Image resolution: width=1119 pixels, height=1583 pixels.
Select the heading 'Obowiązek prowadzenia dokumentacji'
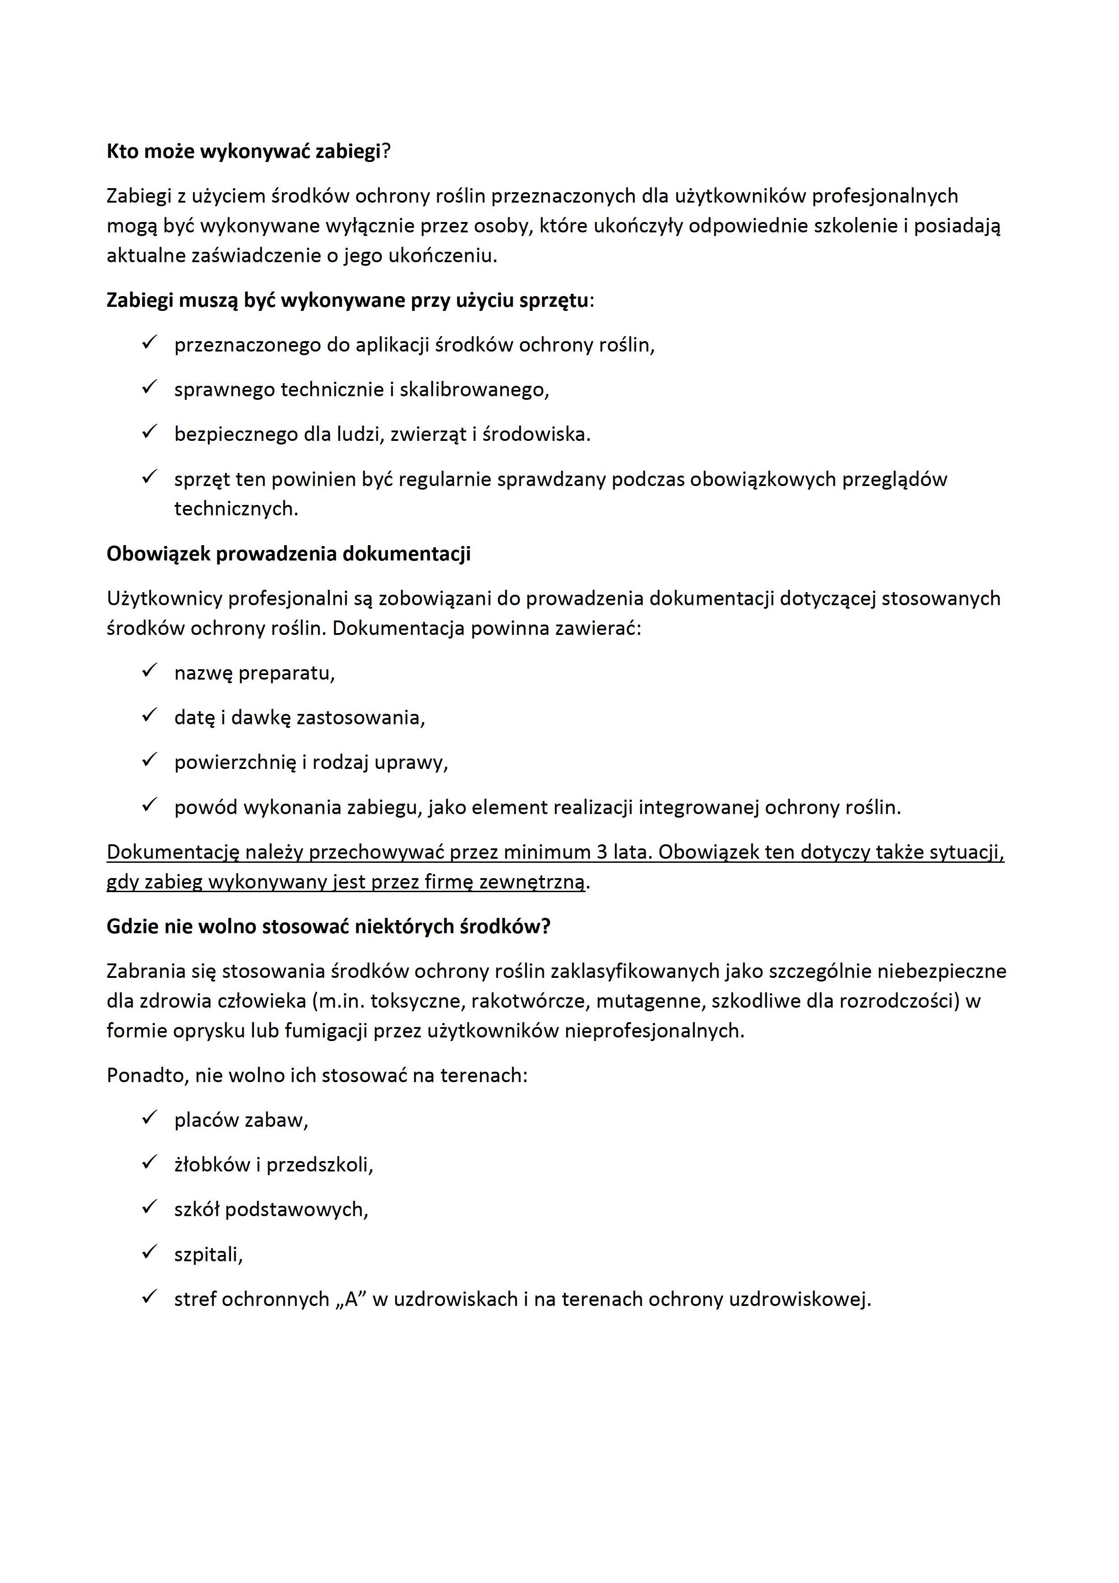pos(288,554)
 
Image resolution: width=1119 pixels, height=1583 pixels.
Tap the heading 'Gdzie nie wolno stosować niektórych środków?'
pos(328,926)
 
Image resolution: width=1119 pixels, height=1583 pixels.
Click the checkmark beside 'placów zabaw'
pos(149,1118)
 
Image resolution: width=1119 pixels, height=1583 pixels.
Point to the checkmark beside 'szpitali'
pos(149,1252)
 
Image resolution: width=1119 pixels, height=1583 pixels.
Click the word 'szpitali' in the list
pos(208,1255)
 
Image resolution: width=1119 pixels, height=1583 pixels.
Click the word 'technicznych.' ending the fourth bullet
pos(236,509)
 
